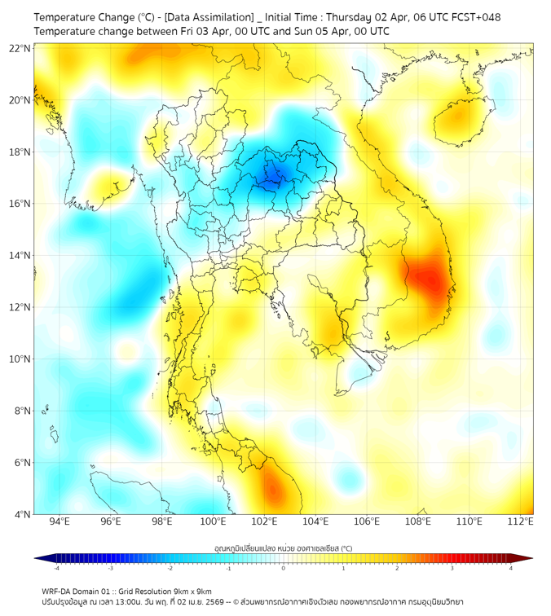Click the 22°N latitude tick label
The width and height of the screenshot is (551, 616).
tap(20, 48)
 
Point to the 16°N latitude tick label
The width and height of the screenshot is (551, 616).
tap(20, 204)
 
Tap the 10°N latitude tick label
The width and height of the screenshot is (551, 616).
tap(20, 359)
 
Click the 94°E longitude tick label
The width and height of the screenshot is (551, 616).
tap(60, 521)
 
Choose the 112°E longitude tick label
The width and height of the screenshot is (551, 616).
tap(521, 521)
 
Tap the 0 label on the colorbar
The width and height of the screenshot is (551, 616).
tap(283, 568)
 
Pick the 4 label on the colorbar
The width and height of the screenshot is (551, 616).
tap(510, 568)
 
